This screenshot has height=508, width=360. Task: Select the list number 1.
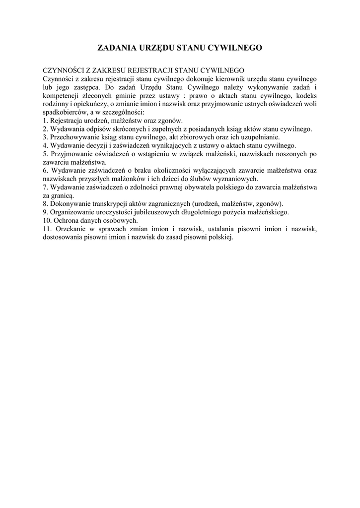tap(44, 121)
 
